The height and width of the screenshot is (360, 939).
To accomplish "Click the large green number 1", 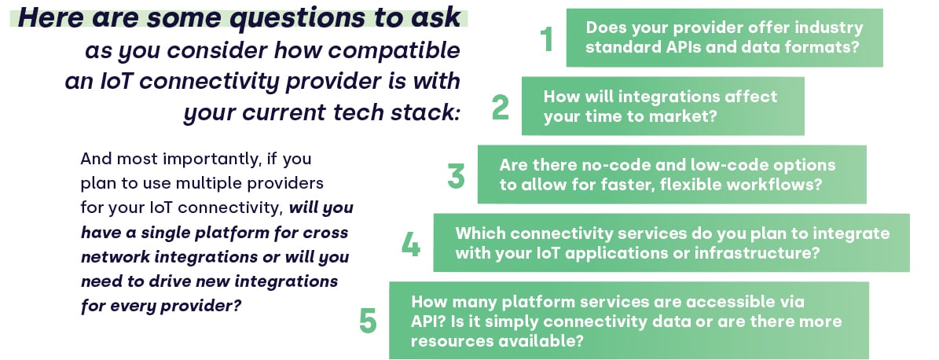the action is click(x=546, y=39).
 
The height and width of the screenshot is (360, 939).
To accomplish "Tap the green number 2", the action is click(x=500, y=107).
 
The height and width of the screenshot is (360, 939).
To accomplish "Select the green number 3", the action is click(x=456, y=175).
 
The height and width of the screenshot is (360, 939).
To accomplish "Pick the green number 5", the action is click(x=368, y=321).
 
